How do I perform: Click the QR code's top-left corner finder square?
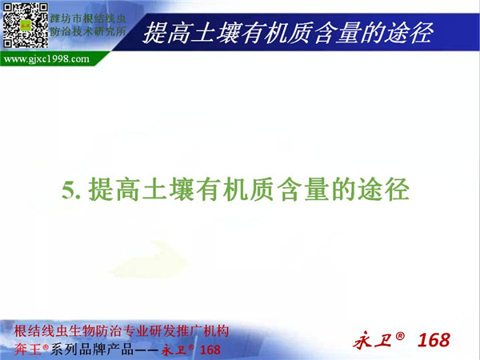7,8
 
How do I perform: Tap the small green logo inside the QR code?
26,26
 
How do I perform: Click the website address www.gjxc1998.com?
46,58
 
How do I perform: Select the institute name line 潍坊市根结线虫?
88,18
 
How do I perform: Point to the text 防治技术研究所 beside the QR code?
88,31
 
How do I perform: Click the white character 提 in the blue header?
154,33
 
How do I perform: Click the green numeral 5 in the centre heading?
68,190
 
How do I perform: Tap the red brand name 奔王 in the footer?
27,350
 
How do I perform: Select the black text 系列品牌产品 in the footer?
91,350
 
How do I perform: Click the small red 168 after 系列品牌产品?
210,350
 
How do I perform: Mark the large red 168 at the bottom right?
434,340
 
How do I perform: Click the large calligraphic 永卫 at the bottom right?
373,340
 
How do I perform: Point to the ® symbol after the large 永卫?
400,336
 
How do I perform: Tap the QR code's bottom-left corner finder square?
7,43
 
